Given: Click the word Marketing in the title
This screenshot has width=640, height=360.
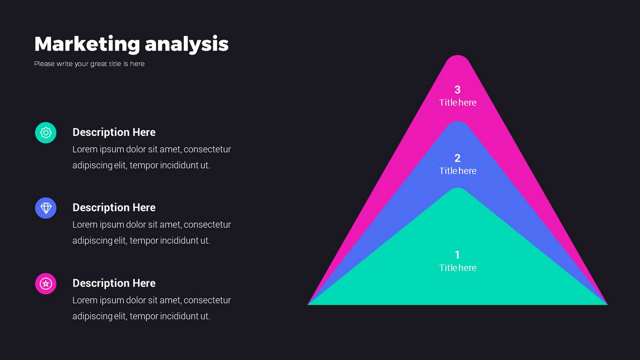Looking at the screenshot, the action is point(87,44).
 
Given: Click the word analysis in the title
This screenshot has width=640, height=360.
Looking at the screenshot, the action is point(187,44).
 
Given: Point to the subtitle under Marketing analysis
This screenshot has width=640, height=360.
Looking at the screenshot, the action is point(89,64).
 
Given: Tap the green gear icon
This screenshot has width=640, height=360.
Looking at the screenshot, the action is point(46,133).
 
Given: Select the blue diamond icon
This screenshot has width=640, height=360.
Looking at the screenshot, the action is point(46,208).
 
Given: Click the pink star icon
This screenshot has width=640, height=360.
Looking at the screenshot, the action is point(46,284).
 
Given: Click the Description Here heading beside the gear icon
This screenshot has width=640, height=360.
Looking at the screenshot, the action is point(114,133).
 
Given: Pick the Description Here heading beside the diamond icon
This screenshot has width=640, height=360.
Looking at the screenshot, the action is point(114,208).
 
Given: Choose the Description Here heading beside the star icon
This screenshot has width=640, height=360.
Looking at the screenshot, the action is point(114,284).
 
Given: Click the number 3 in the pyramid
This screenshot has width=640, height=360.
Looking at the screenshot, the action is point(458,90).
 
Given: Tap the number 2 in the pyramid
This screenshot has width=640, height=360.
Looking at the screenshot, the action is point(458,158).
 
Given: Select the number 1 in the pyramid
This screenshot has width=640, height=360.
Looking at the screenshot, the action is point(458,255).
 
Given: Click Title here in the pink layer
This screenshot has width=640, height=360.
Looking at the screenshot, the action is point(458,103).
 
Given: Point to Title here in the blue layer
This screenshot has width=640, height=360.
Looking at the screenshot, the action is point(458,171).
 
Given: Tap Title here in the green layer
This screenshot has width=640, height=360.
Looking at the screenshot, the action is point(458,268).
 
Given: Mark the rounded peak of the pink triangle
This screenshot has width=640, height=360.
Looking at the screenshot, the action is point(458,57).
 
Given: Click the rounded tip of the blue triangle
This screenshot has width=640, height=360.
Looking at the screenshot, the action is point(458,122).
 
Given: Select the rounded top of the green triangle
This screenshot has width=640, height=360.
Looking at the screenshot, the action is point(458,189).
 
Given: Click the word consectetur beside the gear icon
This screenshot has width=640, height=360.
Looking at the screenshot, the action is point(207,150).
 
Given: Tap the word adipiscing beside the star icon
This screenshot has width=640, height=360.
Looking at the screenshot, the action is point(92,316).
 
